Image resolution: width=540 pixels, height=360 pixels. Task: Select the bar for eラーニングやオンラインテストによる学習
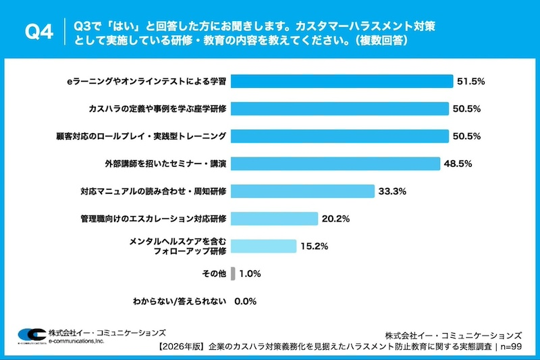[x=342, y=81]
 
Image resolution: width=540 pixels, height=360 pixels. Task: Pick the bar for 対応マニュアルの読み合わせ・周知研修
[x=302, y=191]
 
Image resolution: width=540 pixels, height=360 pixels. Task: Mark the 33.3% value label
[x=392, y=191]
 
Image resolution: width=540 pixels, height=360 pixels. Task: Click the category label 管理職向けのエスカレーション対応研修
[x=152, y=219]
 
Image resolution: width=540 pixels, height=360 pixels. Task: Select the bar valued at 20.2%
[x=274, y=219]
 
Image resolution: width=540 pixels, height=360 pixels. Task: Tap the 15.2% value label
[x=315, y=247]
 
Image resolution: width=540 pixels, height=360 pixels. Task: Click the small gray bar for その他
[x=233, y=274]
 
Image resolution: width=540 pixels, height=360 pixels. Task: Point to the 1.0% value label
[x=250, y=274]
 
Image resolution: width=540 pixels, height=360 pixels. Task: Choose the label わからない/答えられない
[x=180, y=301]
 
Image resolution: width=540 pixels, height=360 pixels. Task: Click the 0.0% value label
[x=246, y=301]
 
